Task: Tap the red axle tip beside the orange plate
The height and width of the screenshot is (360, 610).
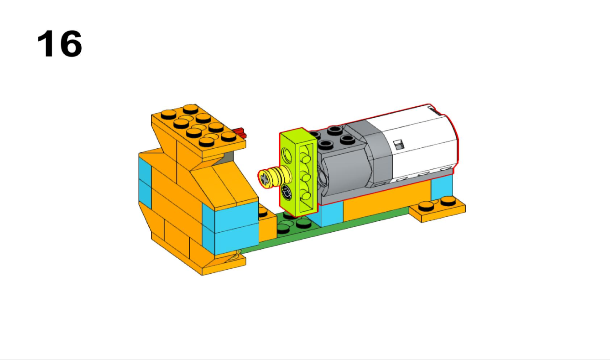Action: click(241, 133)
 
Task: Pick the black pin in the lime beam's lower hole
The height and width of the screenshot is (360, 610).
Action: click(287, 193)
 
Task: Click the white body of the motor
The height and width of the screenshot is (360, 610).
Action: click(419, 141)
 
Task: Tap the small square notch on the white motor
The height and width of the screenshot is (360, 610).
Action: click(398, 145)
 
